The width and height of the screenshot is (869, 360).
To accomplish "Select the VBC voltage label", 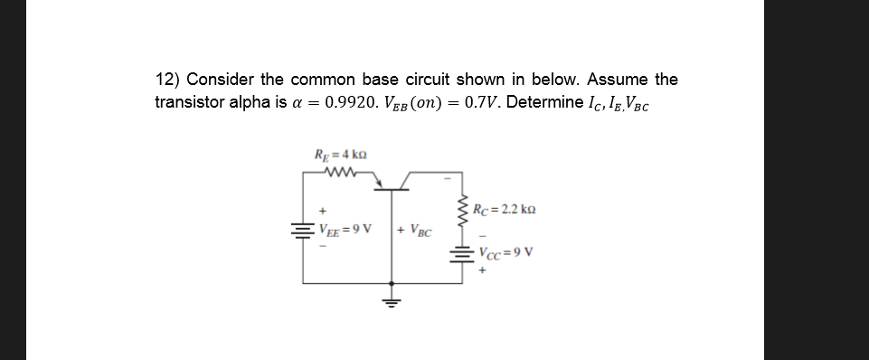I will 419,229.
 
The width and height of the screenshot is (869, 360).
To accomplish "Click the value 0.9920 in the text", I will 287,101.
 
